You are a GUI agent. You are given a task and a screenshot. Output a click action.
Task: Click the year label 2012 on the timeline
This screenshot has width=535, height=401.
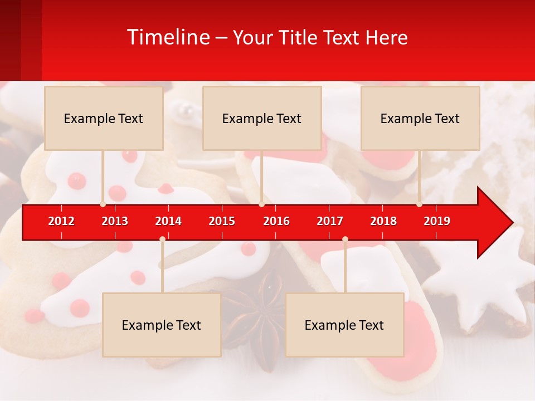click(61, 221)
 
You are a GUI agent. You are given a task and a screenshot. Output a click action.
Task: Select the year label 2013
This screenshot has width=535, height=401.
click(115, 221)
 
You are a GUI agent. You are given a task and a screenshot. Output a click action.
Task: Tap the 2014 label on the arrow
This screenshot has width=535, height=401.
click(168, 221)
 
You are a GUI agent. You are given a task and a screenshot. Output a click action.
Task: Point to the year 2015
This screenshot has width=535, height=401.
click(222, 221)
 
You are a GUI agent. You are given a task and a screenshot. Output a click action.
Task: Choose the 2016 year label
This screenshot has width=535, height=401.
click(276, 221)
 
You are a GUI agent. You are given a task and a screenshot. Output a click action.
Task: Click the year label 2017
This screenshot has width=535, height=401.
click(330, 221)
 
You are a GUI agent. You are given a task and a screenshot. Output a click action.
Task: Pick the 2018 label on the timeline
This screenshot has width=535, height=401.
click(383, 221)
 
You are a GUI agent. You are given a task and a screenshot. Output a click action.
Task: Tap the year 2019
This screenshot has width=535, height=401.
click(437, 221)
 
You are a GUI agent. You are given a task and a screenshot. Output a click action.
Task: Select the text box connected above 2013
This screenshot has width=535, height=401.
click(104, 118)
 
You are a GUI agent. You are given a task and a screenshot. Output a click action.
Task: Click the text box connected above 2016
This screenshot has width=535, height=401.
click(262, 118)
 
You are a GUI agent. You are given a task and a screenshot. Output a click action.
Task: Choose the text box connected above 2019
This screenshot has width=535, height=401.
click(420, 118)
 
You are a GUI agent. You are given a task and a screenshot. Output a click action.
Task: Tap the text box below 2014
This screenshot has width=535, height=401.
click(162, 325)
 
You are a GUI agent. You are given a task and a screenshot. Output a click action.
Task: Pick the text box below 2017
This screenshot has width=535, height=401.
click(344, 325)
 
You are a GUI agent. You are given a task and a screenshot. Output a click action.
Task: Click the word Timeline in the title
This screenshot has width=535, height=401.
click(168, 37)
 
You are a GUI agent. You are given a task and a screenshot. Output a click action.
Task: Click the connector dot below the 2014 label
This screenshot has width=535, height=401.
click(162, 239)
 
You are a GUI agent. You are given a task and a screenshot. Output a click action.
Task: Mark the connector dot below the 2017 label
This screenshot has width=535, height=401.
click(345, 239)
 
